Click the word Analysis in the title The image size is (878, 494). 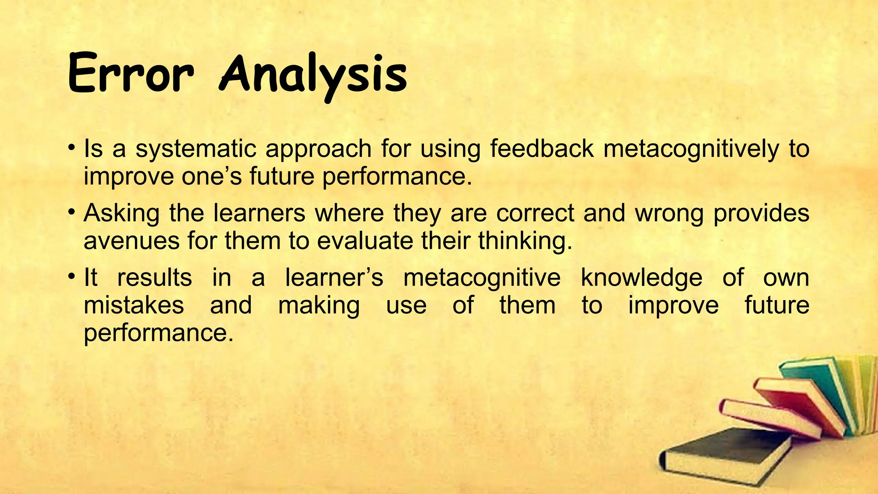[x=313, y=75]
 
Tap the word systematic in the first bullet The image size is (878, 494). [x=195, y=149]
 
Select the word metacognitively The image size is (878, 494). [x=691, y=149]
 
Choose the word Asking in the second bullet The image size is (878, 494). [x=121, y=213]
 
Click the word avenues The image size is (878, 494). [x=130, y=241]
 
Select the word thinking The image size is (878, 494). [x=525, y=241]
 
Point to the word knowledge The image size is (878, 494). [x=641, y=277]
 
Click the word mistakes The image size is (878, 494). [x=134, y=305]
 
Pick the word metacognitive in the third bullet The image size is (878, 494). [x=481, y=277]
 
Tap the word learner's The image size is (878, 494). [x=334, y=277]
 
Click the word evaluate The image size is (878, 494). [x=364, y=241]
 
